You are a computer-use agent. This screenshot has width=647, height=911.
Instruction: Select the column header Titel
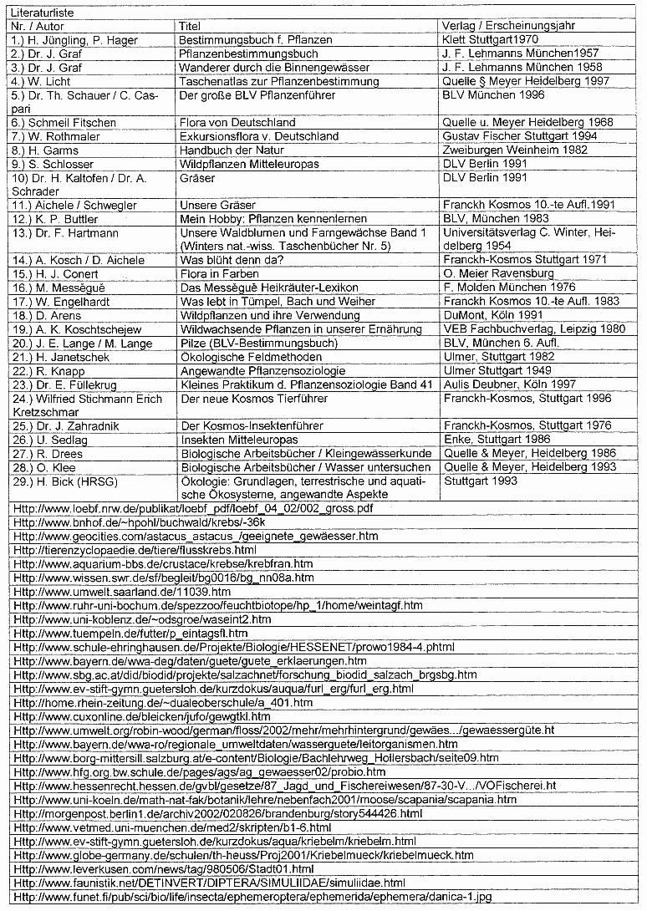(x=190, y=26)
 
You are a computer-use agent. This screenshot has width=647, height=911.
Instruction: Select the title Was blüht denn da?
(x=230, y=260)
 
